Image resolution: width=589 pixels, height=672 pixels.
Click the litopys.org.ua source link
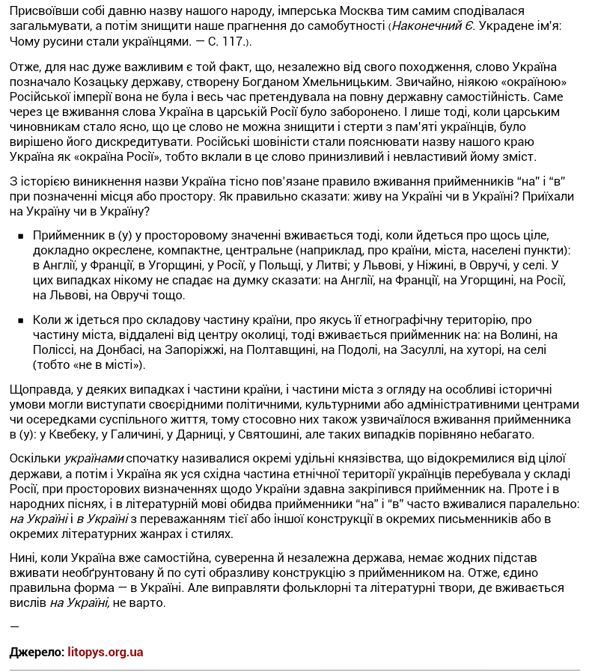pyautogui.click(x=105, y=652)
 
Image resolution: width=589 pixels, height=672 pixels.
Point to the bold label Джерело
pyautogui.click(x=37, y=652)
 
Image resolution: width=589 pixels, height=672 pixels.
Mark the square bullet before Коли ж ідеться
pyautogui.click(x=19, y=320)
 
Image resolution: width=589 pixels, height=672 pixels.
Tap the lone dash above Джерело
pyautogui.click(x=14, y=626)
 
